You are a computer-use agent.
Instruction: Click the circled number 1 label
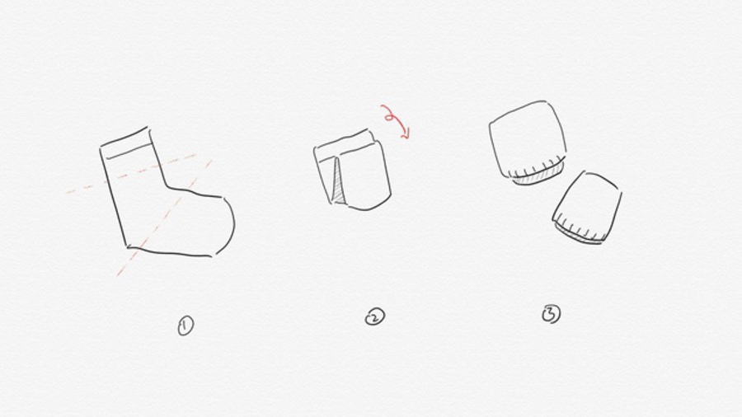pos(185,326)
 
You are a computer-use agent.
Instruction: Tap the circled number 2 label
pos(375,316)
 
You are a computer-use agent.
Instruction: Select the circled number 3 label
pos(552,314)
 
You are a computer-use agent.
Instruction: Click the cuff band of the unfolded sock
pos(127,145)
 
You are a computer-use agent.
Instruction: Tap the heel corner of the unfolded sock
pos(128,246)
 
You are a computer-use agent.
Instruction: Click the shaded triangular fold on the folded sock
pos(337,184)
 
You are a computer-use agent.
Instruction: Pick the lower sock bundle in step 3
pos(588,207)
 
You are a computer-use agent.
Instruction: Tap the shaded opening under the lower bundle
pos(578,236)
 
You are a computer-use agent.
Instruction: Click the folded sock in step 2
pos(353,171)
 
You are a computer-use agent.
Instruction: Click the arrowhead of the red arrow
pos(406,134)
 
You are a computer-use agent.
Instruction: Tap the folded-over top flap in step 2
pos(345,145)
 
